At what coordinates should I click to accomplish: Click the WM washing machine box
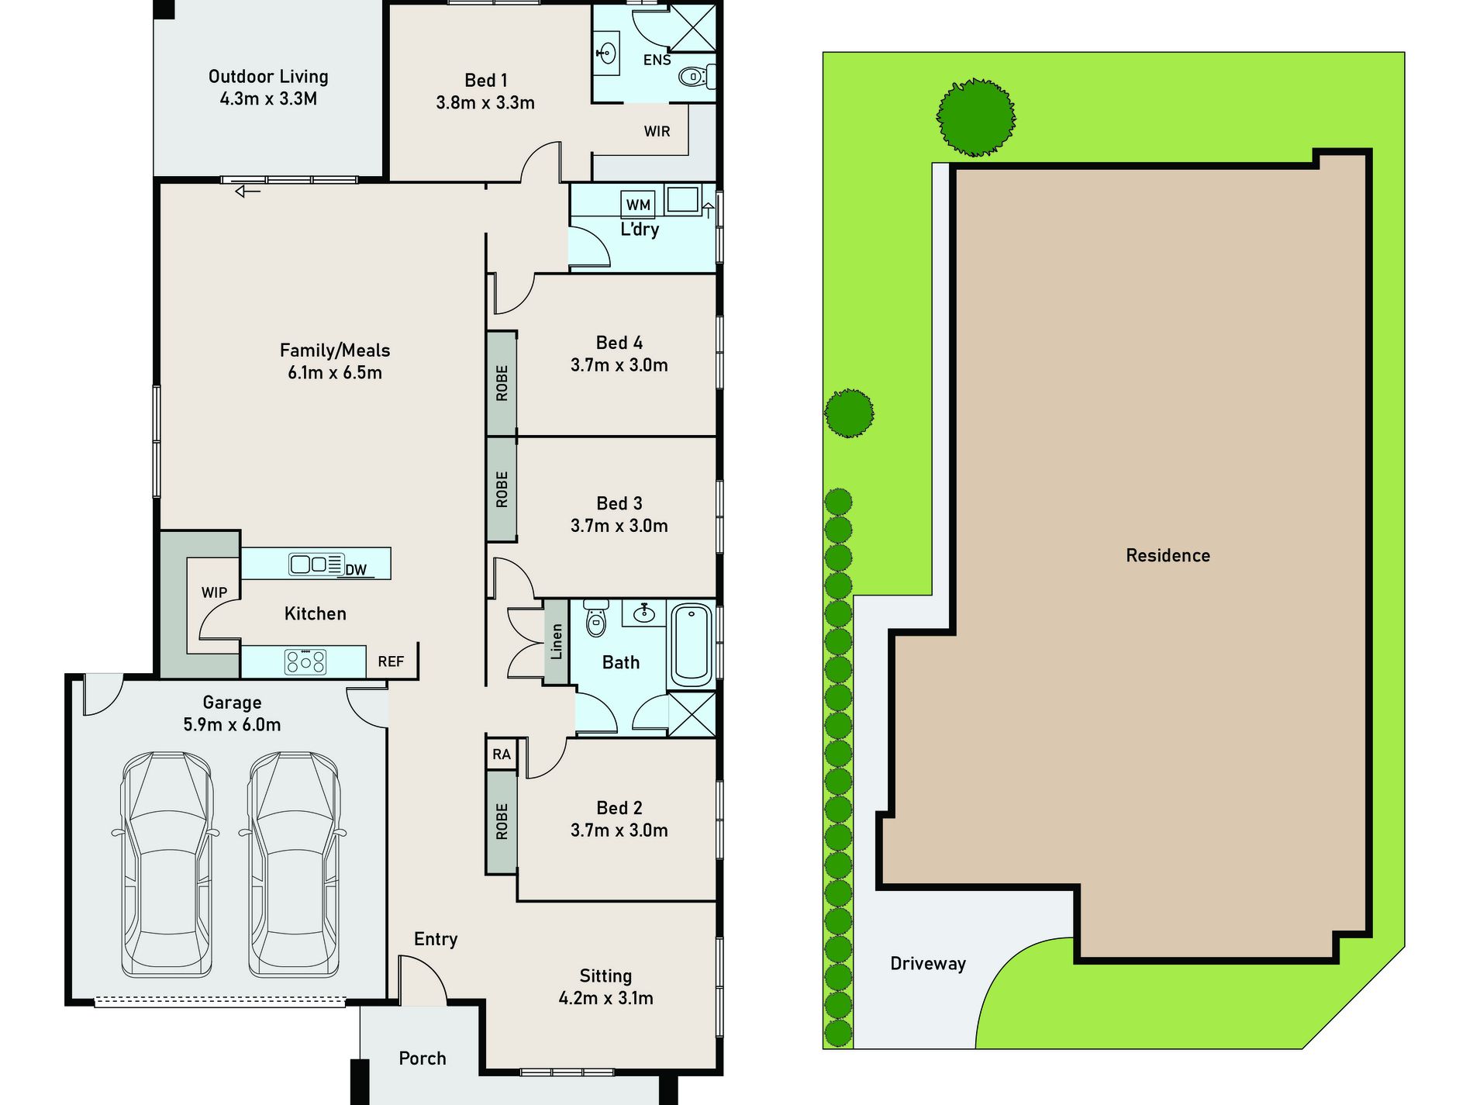tap(638, 204)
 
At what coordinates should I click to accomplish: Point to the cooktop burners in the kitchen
tap(305, 661)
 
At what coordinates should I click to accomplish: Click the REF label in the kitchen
tap(391, 661)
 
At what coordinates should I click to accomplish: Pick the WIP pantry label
tap(215, 592)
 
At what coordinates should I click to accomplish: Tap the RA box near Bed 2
tap(502, 754)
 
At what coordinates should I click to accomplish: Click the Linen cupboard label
tap(557, 641)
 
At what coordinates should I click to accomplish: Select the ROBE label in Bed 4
tap(502, 383)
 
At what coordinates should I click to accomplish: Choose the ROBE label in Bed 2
tap(502, 821)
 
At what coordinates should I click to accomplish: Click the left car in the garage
tap(167, 864)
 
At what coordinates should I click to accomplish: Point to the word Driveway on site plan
tap(928, 964)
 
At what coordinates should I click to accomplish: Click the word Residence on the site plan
tap(1168, 555)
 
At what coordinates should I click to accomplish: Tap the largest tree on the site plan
tap(976, 117)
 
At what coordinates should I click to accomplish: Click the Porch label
tap(423, 1058)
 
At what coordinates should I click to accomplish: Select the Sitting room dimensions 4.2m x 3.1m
tap(606, 998)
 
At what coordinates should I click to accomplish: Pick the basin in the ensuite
tap(607, 54)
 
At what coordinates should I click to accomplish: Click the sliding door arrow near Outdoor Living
tap(248, 191)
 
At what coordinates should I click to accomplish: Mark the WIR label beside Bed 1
tap(657, 131)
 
